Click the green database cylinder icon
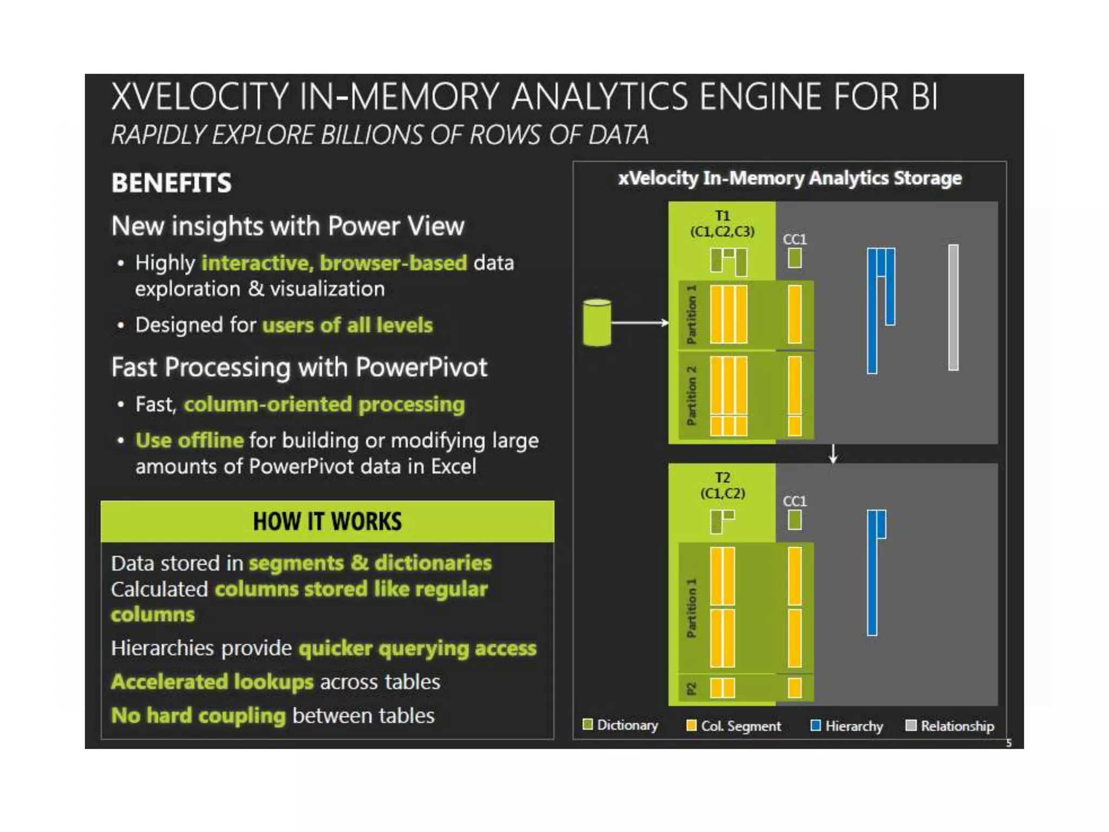tap(597, 323)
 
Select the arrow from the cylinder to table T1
tap(639, 323)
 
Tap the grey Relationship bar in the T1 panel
tap(953, 307)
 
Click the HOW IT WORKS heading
tap(327, 522)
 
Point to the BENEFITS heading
tap(171, 183)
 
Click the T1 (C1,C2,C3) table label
tap(722, 224)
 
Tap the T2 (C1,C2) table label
tap(722, 485)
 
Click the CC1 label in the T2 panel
tap(794, 501)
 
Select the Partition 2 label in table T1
tap(692, 395)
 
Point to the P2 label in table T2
tap(692, 689)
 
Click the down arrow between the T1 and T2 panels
tap(833, 454)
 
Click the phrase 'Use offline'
tap(190, 440)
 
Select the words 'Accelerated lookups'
tap(212, 682)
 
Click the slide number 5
tap(1009, 743)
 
